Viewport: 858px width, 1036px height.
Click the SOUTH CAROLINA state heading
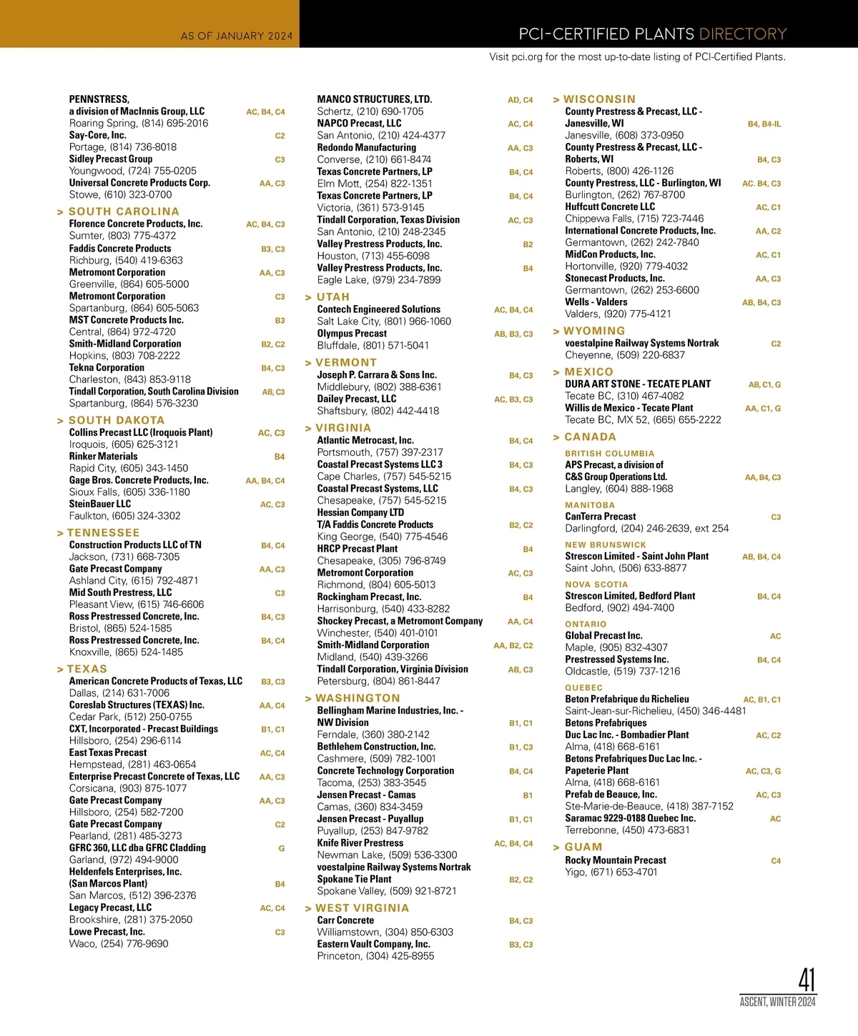[x=124, y=211]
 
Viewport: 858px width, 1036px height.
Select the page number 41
[x=807, y=980]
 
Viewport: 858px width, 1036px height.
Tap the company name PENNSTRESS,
[x=99, y=99]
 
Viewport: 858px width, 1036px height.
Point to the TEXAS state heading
[x=87, y=669]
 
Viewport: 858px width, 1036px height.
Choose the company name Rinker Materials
[x=103, y=457]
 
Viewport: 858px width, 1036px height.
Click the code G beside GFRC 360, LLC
[x=282, y=849]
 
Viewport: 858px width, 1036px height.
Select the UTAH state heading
[x=332, y=297]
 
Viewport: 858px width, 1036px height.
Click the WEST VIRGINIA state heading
[x=362, y=908]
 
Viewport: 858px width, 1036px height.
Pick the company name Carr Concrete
[x=345, y=920]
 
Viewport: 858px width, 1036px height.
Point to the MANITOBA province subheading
[x=590, y=505]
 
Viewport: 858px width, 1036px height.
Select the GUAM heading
[x=583, y=847]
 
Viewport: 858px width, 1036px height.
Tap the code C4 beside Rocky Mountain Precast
[x=776, y=861]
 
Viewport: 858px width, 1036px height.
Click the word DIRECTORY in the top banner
[x=742, y=34]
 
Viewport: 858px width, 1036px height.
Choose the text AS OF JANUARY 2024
[x=237, y=36]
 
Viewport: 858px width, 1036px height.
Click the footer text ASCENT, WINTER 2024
[x=777, y=1002]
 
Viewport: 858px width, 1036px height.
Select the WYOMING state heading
[x=594, y=332]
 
